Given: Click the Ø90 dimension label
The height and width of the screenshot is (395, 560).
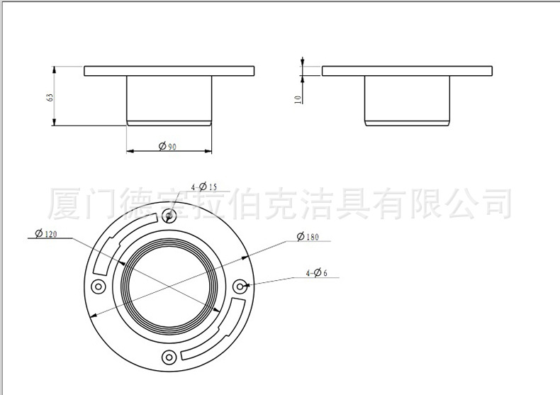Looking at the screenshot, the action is pos(167,146).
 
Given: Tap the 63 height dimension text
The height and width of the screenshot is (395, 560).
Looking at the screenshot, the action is pos(50,97).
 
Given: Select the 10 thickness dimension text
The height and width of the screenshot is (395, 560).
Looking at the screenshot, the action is pos(298,100).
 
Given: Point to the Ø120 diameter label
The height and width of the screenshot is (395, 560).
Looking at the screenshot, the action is pos(45,234).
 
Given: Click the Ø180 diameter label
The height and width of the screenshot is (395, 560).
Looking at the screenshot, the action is pos(308,236).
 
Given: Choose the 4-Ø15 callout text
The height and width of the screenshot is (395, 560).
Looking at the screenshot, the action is pos(204,187).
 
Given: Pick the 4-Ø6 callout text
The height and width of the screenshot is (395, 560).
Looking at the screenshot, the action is pos(316,273).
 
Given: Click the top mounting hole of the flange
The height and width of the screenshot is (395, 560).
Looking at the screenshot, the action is pos(169,216).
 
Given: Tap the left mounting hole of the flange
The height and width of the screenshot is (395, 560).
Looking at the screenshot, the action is pos(99,286).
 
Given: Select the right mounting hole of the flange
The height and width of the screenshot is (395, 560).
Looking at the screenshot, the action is pos(240,286).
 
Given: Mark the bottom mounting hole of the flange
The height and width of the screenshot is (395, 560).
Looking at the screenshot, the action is pos(169,357).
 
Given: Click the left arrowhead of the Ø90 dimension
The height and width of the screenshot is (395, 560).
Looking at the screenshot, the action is pos(130,151).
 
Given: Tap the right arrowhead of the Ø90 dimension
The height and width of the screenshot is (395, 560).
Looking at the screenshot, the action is pos(208,151).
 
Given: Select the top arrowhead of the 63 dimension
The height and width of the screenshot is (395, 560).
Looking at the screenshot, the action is pos(54,69).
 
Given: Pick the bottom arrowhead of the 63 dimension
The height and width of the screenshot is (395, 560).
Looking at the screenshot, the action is pos(54,123).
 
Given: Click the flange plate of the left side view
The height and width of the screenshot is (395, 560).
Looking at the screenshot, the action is pos(169,71).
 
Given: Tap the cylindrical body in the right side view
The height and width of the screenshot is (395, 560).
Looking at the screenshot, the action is pos(407,101).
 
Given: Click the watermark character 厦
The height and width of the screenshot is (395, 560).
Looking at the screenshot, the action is pos(65,204).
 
